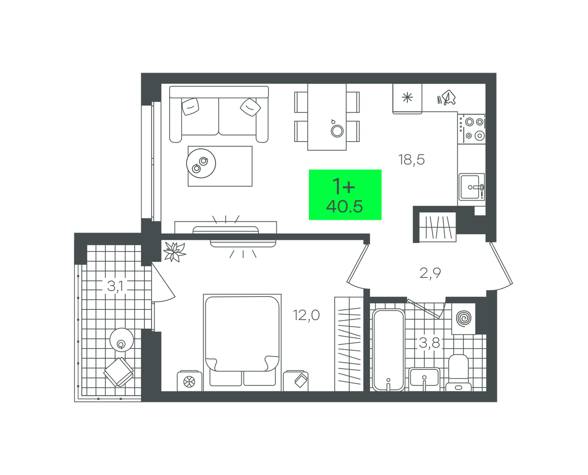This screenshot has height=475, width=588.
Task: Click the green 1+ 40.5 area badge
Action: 345,195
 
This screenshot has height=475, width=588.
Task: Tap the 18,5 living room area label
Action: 411,160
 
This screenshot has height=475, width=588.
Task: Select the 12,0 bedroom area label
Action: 306,315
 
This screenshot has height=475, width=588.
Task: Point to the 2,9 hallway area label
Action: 430,273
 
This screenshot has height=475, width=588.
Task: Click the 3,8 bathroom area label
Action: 429,343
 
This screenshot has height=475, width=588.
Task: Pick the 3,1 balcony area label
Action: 115,286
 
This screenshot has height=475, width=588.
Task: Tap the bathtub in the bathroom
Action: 388,350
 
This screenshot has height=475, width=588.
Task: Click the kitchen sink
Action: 472,187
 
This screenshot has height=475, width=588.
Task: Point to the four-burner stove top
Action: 472,129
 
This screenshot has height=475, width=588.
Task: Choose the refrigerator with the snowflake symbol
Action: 407,98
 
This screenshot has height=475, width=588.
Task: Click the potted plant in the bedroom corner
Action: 174,252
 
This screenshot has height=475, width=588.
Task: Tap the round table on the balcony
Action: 121,340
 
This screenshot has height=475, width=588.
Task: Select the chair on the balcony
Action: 119,372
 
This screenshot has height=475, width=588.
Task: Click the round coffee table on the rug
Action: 201,163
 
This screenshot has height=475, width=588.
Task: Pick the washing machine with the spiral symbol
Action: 463,318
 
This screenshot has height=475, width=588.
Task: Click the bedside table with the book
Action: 296,381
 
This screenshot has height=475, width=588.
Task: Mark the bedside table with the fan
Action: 189,381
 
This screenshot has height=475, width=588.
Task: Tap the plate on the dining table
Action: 337,131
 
